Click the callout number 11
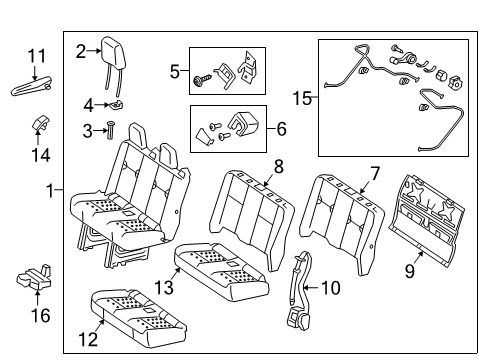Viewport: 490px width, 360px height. click(x=36, y=56)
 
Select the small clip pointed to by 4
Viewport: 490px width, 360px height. click(x=114, y=104)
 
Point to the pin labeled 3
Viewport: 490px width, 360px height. click(x=110, y=131)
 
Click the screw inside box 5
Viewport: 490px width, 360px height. click(x=202, y=80)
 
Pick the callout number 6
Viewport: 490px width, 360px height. click(x=281, y=129)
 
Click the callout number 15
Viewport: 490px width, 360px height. click(x=302, y=98)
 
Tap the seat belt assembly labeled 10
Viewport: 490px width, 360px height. click(x=302, y=290)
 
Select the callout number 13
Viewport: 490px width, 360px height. click(x=164, y=287)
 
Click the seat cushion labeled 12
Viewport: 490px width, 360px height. click(x=138, y=318)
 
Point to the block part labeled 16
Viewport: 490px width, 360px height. click(x=34, y=277)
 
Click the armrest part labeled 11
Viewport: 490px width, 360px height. click(x=32, y=87)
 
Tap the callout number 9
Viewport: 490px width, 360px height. click(x=410, y=270)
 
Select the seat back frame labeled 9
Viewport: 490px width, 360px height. click(x=427, y=220)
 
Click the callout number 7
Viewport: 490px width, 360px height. click(x=375, y=173)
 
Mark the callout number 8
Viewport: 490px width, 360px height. click(x=279, y=166)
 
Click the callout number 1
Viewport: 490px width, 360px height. click(x=50, y=191)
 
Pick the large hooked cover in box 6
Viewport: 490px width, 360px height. click(x=243, y=124)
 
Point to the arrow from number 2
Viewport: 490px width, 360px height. click(x=94, y=51)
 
